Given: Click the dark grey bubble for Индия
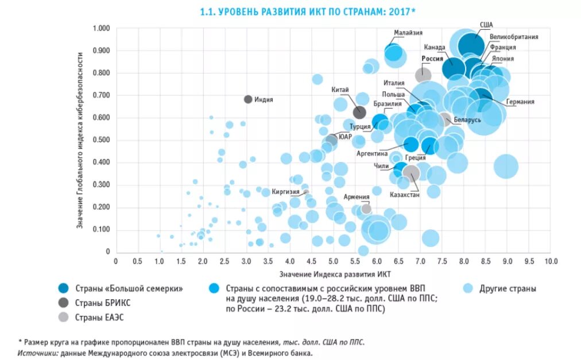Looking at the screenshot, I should click(x=248, y=99).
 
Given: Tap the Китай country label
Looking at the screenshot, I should click(x=339, y=90).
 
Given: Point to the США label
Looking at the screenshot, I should click(x=486, y=25).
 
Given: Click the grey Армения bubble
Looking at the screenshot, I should click(x=366, y=209).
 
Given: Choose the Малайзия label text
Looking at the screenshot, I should click(x=408, y=33).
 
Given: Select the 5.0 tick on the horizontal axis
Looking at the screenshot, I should click(x=333, y=261).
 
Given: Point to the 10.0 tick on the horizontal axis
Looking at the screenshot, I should click(x=551, y=261).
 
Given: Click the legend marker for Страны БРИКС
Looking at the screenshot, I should click(x=64, y=303).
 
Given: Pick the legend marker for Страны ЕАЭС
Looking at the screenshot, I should click(x=64, y=317).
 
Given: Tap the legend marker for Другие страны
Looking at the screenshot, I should click(x=468, y=288).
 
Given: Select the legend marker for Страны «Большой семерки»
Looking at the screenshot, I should click(x=64, y=288).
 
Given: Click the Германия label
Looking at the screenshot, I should click(x=520, y=102).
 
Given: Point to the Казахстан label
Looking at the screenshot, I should click(x=405, y=195).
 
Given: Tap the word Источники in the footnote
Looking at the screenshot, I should click(x=38, y=353).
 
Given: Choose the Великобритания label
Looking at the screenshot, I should click(x=514, y=37).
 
